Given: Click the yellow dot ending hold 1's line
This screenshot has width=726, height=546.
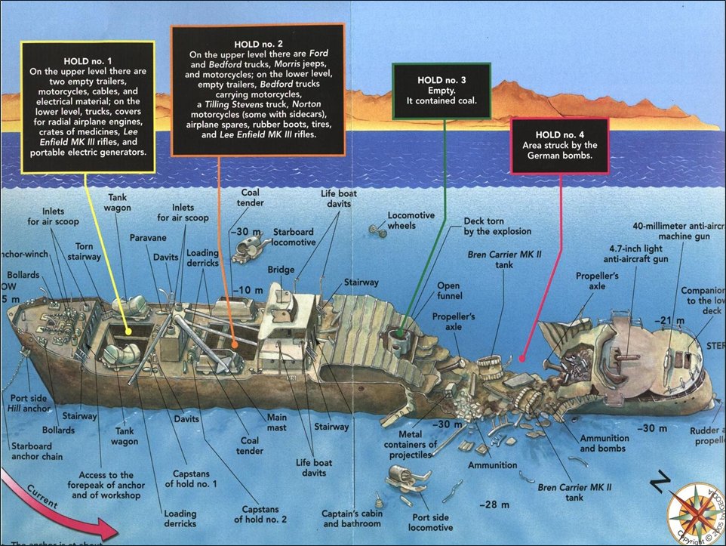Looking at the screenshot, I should click(128, 330).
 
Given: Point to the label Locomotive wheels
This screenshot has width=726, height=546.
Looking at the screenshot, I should click(411, 220).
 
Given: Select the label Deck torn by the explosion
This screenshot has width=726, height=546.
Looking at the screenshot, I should click(497, 226).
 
